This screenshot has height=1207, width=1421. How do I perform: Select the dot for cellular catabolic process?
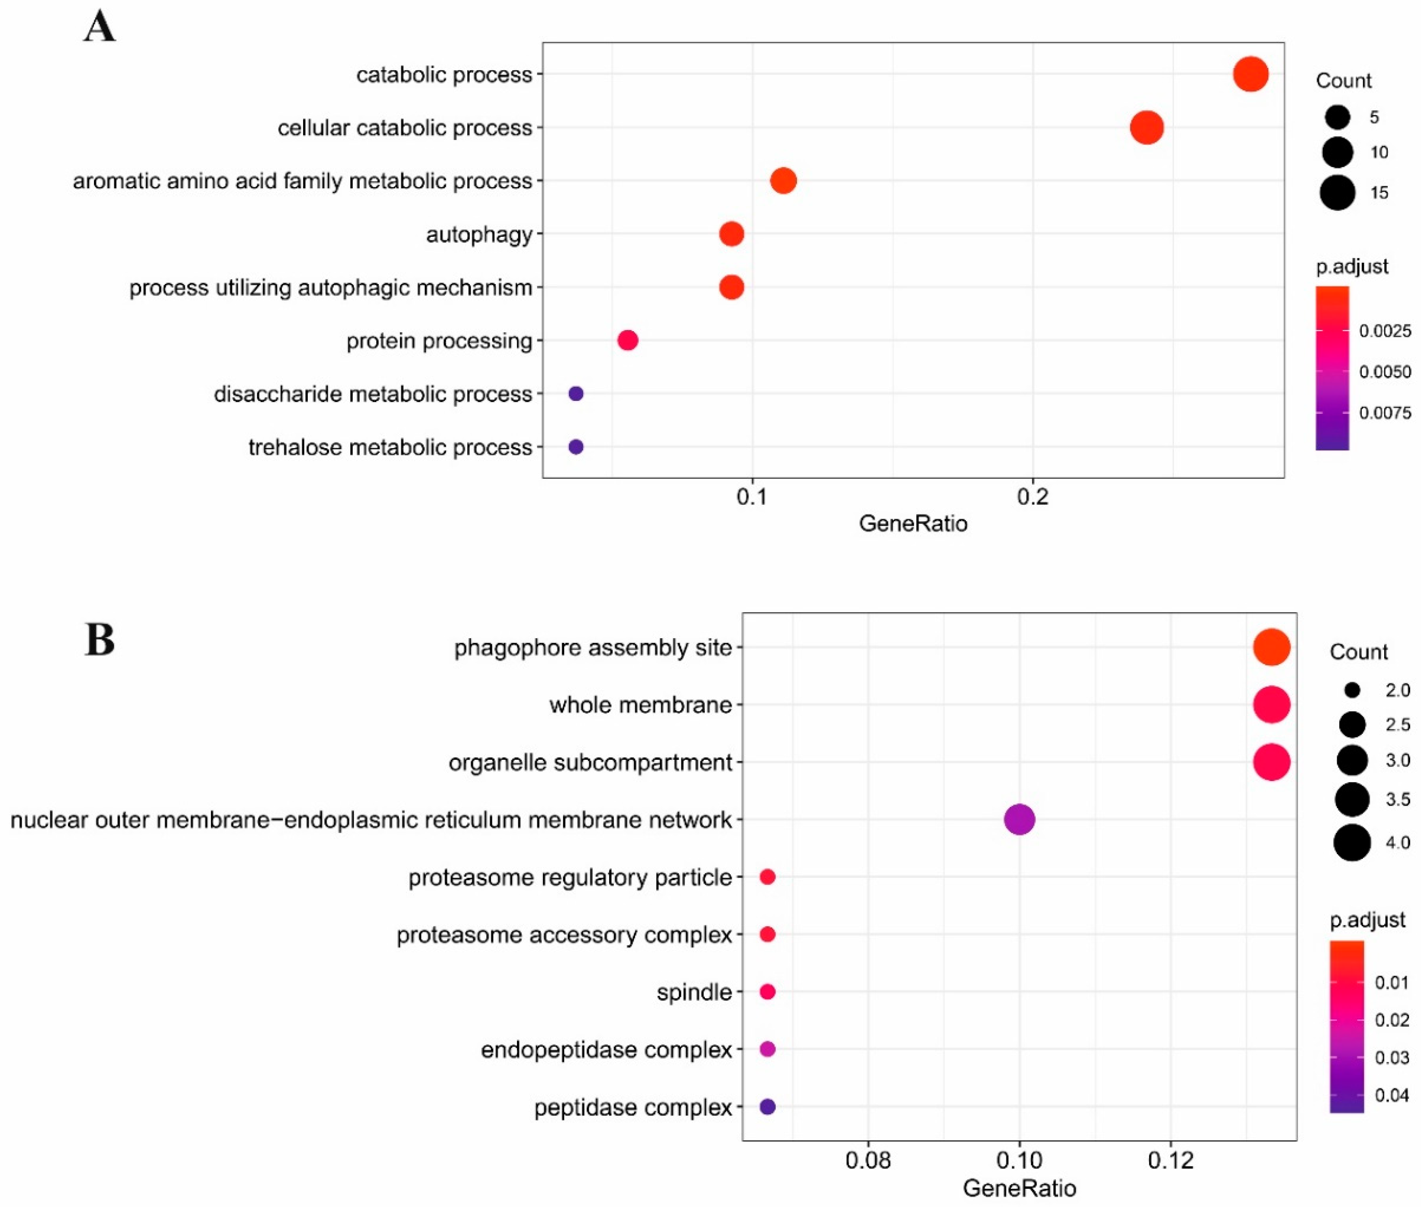tap(1146, 127)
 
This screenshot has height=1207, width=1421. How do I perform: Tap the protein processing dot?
tap(627, 340)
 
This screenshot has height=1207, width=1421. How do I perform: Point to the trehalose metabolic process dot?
tap(575, 447)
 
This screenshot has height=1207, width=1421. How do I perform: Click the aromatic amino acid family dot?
tap(783, 181)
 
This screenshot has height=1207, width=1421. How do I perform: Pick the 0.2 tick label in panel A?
tap(1032, 497)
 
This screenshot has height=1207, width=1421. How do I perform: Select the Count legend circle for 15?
tap(1337, 192)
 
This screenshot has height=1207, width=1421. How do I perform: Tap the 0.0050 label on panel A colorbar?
tap(1385, 371)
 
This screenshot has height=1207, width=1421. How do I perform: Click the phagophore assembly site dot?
tap(1271, 647)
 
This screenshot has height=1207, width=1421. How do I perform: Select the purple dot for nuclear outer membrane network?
tap(1019, 819)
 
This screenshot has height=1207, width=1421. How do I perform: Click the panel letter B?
tap(100, 640)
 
